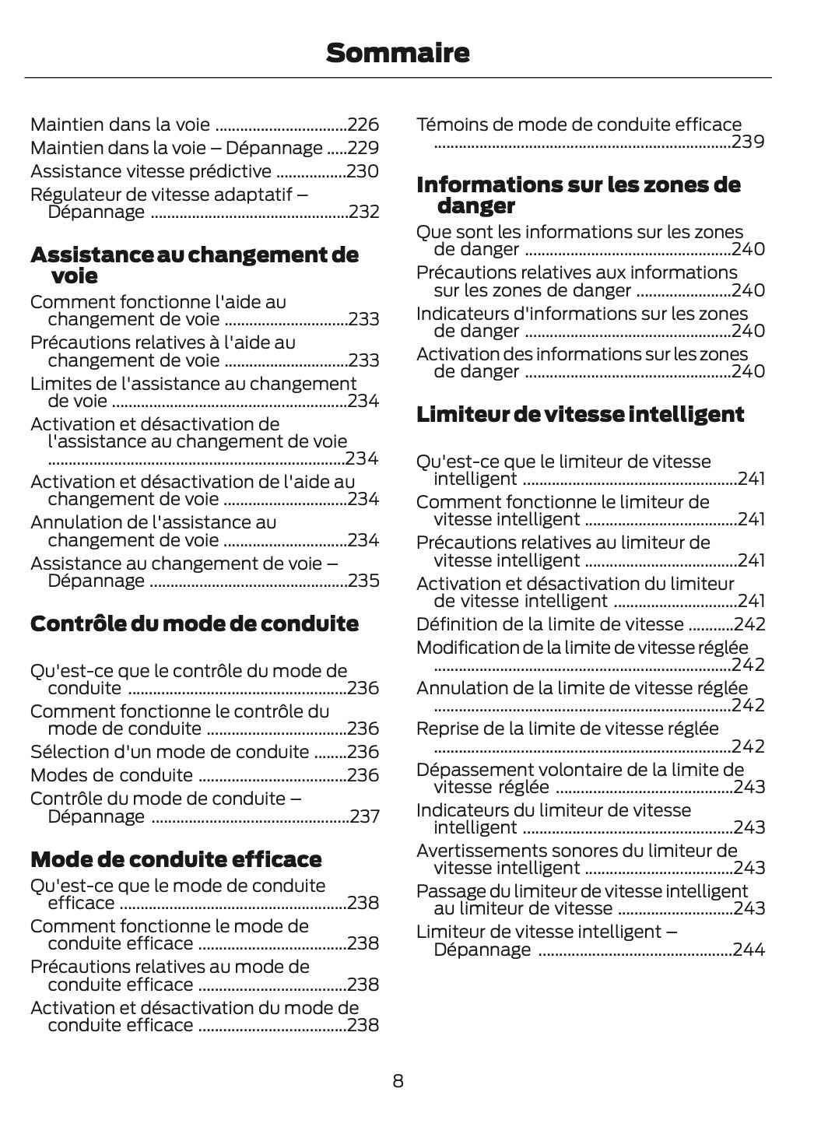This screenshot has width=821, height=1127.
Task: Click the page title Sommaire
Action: click(x=398, y=53)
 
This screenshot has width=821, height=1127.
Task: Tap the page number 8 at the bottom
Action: click(x=398, y=1080)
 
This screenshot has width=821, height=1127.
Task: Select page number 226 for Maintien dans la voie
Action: click(x=363, y=125)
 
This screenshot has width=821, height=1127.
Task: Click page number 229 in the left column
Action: click(x=363, y=148)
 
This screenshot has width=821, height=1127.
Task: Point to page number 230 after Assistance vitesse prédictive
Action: click(x=363, y=171)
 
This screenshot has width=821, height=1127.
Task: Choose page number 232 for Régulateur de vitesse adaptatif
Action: click(x=363, y=212)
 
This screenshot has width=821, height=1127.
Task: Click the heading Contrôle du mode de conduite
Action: click(x=195, y=623)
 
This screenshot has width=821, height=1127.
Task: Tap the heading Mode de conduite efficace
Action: click(x=176, y=859)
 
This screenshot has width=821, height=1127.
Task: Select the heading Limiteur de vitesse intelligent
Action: click(x=581, y=414)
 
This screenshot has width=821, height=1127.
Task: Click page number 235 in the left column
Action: click(x=363, y=581)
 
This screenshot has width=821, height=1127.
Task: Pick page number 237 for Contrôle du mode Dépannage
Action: click(x=364, y=816)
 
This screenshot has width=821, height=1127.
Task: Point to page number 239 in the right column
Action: click(x=748, y=142)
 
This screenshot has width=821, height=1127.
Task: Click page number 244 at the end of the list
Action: click(x=749, y=950)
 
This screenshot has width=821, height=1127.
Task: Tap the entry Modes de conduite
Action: click(x=111, y=775)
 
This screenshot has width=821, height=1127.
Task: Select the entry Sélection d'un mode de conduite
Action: click(x=170, y=752)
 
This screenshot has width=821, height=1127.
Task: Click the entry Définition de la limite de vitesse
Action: click(x=550, y=624)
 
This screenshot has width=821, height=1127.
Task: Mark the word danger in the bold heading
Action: click(x=476, y=206)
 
